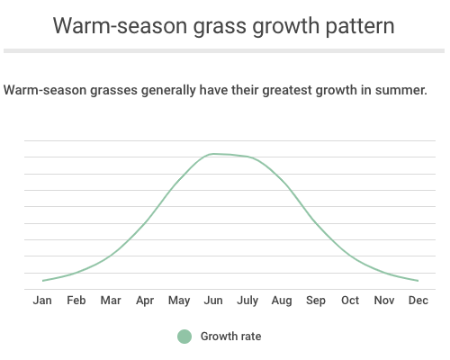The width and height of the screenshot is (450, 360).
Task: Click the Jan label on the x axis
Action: [42, 301]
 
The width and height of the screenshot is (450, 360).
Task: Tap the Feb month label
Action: [76, 301]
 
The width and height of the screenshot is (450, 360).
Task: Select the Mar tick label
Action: [111, 301]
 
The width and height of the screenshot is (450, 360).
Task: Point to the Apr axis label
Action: [145, 301]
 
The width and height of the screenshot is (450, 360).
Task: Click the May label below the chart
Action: [179, 301]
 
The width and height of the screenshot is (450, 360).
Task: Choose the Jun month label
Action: [213, 301]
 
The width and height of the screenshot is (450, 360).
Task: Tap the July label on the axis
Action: [247, 301]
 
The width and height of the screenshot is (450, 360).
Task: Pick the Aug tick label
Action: [282, 301]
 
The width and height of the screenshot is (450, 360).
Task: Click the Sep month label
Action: [316, 301]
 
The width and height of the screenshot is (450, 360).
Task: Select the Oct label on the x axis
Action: [350, 301]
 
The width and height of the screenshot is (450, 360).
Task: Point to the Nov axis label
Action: [384, 301]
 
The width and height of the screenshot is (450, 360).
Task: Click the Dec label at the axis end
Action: [418, 301]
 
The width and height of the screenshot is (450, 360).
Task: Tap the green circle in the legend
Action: [184, 337]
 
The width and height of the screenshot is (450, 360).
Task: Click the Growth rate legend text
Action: [230, 337]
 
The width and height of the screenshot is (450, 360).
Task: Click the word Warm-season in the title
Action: [121, 26]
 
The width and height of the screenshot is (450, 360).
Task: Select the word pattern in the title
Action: [360, 27]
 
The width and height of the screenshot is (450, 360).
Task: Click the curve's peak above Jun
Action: [213, 154]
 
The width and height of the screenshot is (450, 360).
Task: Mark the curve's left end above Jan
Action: [43, 281]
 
